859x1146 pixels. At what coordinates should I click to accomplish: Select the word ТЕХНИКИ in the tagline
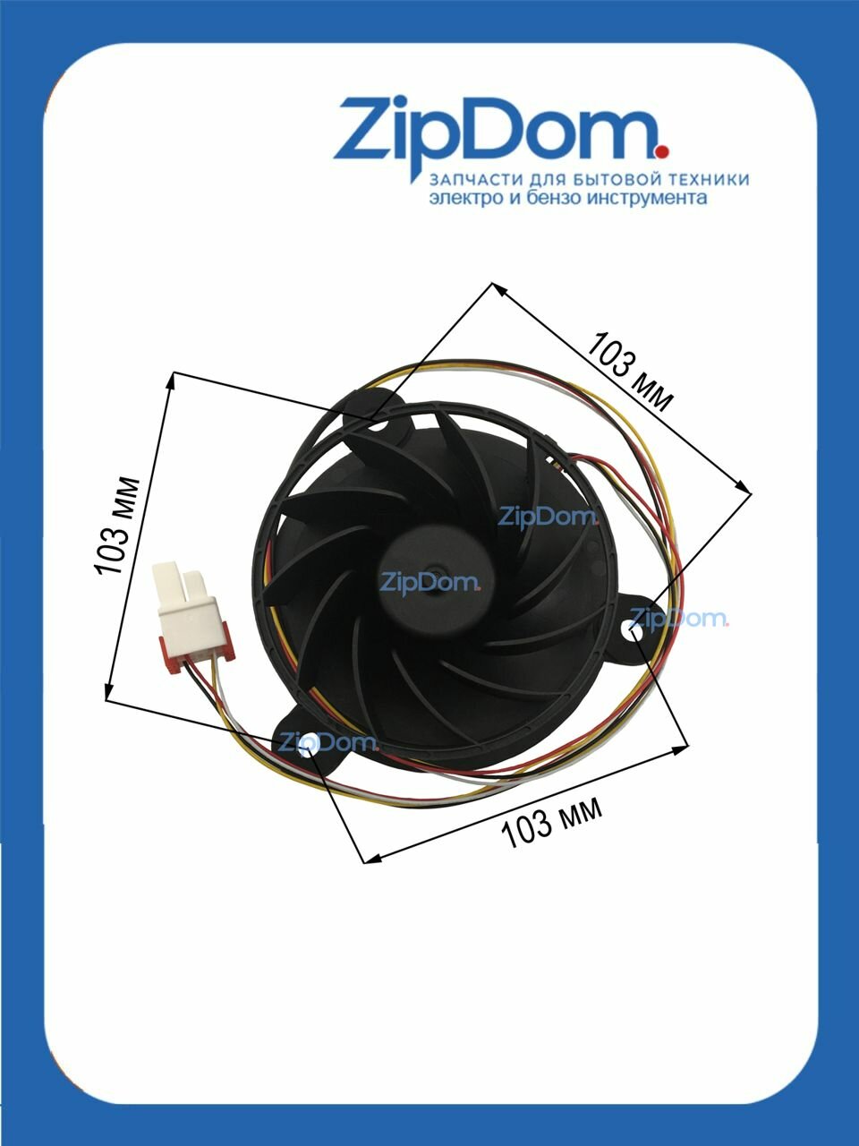699,179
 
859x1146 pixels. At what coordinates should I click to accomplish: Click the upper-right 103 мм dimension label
630,372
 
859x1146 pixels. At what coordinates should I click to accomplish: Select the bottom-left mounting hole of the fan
310,743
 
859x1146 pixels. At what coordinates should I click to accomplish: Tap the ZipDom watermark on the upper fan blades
548,517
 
